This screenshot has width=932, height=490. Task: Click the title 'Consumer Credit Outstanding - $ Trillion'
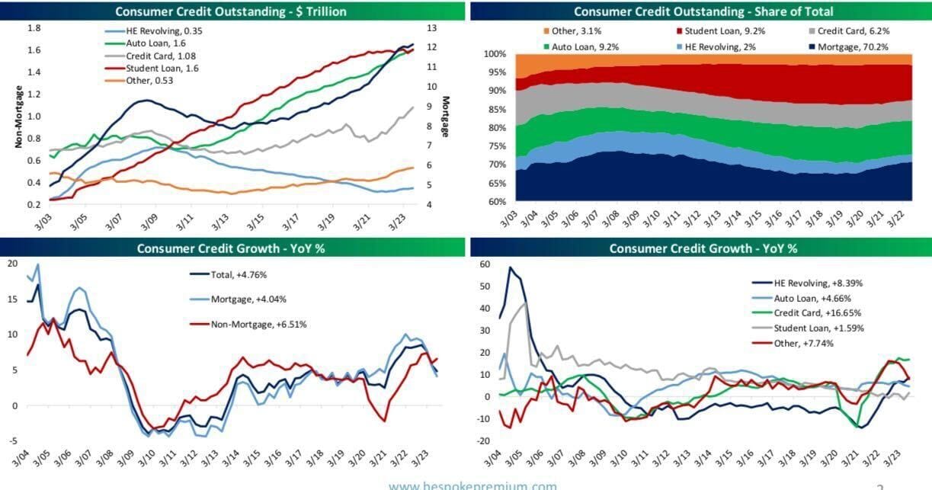[x=230, y=11]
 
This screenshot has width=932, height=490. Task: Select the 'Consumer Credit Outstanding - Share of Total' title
[x=703, y=11]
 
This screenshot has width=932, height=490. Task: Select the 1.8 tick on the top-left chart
[x=34, y=28]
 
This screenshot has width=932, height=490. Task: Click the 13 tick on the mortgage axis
[x=431, y=28]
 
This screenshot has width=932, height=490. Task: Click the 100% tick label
[x=495, y=55]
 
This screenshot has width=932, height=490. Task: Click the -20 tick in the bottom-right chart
[x=482, y=440]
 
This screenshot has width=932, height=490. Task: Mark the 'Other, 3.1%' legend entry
[x=562, y=30]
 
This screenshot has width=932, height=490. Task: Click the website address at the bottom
[x=472, y=485]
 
